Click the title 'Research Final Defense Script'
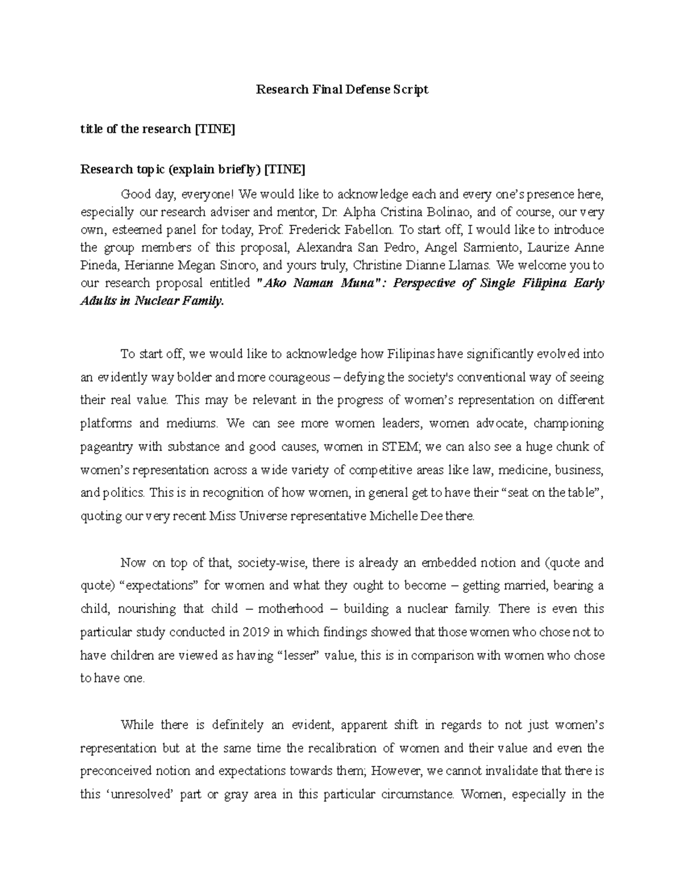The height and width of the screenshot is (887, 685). [341, 90]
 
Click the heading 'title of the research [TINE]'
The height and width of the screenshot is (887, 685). [158, 129]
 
